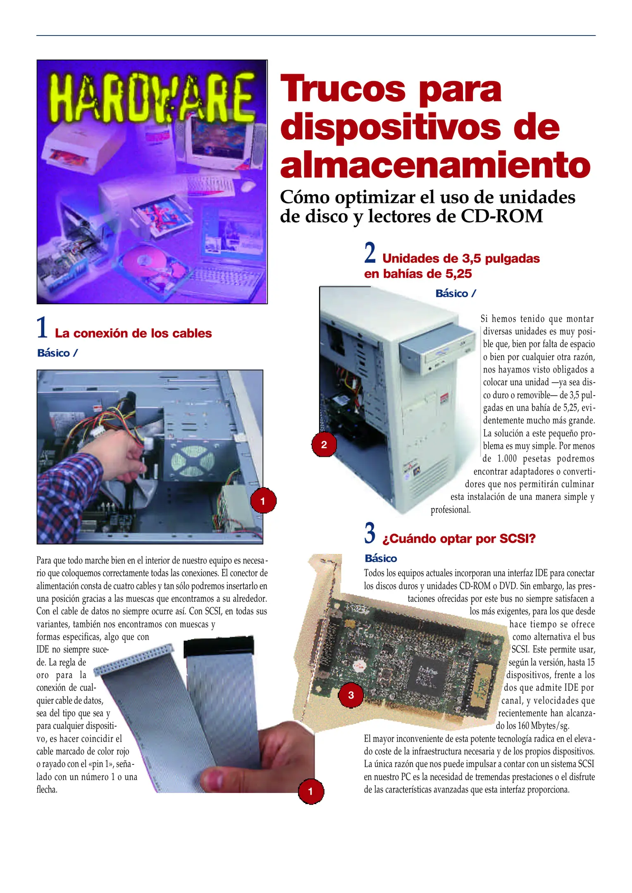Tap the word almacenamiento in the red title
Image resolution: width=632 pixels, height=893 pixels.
(435, 165)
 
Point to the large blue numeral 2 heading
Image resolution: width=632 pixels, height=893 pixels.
(370, 253)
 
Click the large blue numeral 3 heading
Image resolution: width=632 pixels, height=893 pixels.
(370, 533)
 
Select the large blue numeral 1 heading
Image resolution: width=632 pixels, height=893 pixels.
(42, 327)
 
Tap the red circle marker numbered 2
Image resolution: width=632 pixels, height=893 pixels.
(324, 445)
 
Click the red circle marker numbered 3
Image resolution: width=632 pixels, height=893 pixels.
(351, 695)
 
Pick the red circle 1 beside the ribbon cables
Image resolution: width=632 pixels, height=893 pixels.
(311, 792)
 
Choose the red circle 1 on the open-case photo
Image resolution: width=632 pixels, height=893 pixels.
(263, 501)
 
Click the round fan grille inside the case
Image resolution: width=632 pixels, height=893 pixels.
(193, 461)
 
